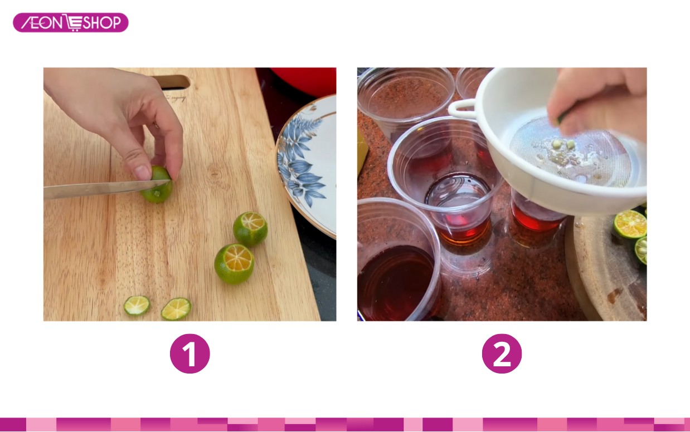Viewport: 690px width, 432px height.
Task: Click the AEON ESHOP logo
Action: [x=71, y=22]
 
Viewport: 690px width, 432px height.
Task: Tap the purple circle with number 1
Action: [x=189, y=354]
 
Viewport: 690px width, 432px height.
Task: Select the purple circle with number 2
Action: [x=502, y=354]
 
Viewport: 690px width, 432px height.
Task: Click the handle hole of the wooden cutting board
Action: [x=173, y=81]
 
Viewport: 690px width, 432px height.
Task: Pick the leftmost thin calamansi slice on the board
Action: [x=137, y=306]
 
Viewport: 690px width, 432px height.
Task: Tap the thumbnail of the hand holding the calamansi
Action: [x=142, y=173]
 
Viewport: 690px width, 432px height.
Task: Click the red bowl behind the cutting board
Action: [x=303, y=81]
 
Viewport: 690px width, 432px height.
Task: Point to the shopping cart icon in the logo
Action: [x=74, y=23]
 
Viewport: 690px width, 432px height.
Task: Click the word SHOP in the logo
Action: [x=101, y=23]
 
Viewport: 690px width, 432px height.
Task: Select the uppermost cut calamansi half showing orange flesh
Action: [x=250, y=229]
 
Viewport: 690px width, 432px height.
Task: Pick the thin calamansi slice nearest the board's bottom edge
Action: [x=176, y=308]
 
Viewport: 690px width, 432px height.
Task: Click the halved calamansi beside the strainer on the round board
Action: [x=630, y=224]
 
